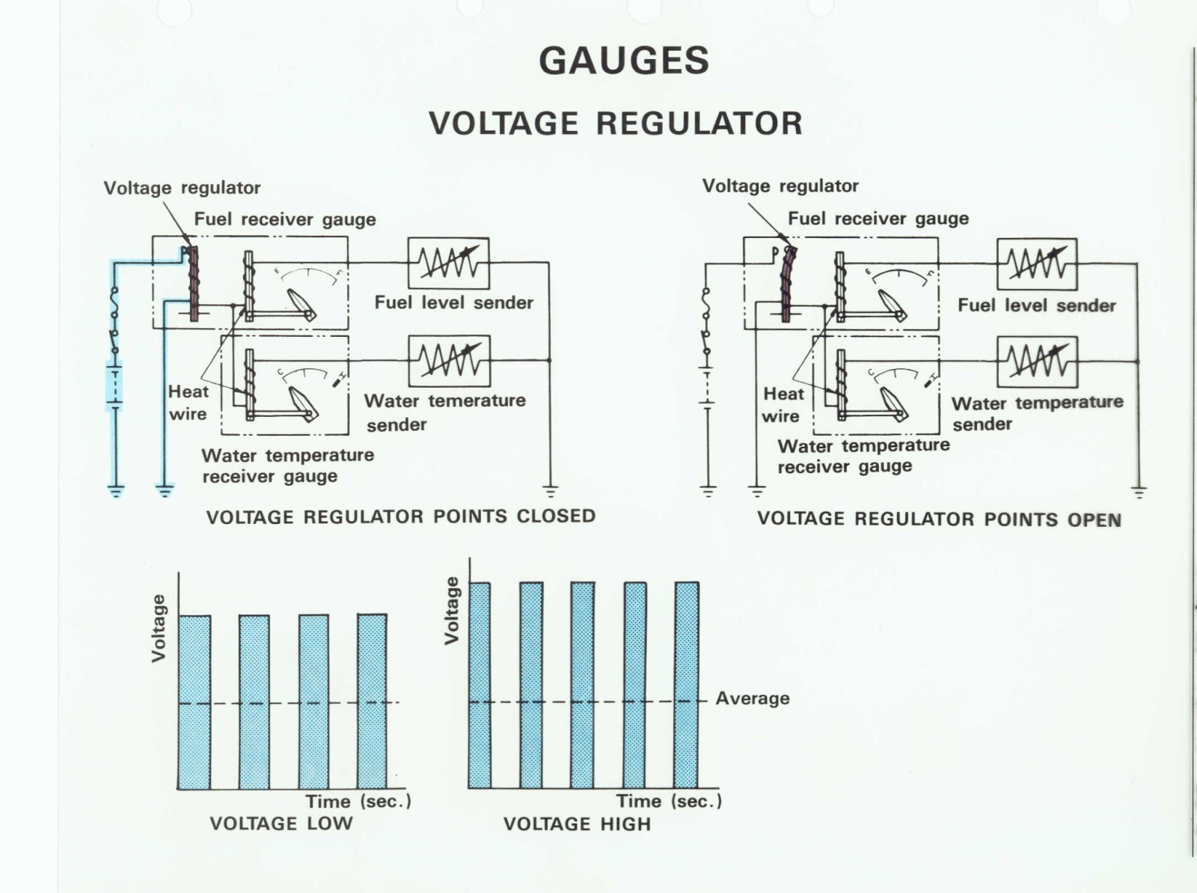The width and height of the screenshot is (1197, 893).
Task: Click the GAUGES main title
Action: (623, 61)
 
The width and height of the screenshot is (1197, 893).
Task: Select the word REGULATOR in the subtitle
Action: (699, 124)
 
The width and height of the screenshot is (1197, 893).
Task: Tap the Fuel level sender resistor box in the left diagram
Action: (448, 263)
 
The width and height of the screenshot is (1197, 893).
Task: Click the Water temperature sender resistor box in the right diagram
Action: (1037, 362)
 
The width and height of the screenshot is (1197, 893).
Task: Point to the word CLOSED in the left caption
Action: (556, 516)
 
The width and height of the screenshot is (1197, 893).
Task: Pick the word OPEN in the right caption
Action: (1094, 519)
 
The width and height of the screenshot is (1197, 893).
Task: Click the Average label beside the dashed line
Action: (752, 698)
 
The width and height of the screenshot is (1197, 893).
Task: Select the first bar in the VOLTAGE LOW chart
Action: (195, 701)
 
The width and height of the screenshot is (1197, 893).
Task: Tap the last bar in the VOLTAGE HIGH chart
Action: (686, 685)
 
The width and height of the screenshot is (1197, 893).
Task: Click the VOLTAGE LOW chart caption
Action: (281, 823)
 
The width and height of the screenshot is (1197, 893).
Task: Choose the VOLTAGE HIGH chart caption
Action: (577, 824)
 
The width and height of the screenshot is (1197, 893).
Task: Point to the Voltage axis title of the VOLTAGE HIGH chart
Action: (451, 610)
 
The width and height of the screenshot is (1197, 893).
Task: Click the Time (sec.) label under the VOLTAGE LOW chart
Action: (358, 801)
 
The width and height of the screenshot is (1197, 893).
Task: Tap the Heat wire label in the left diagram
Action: (188, 403)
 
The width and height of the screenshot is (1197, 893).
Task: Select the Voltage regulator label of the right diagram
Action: (780, 186)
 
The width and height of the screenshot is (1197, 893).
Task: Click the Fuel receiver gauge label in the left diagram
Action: (285, 219)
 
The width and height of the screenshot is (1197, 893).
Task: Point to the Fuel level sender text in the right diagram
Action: (1036, 305)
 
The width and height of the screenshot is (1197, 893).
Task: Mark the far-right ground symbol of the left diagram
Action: (550, 492)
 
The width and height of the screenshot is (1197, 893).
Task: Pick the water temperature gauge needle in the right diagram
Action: (895, 404)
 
